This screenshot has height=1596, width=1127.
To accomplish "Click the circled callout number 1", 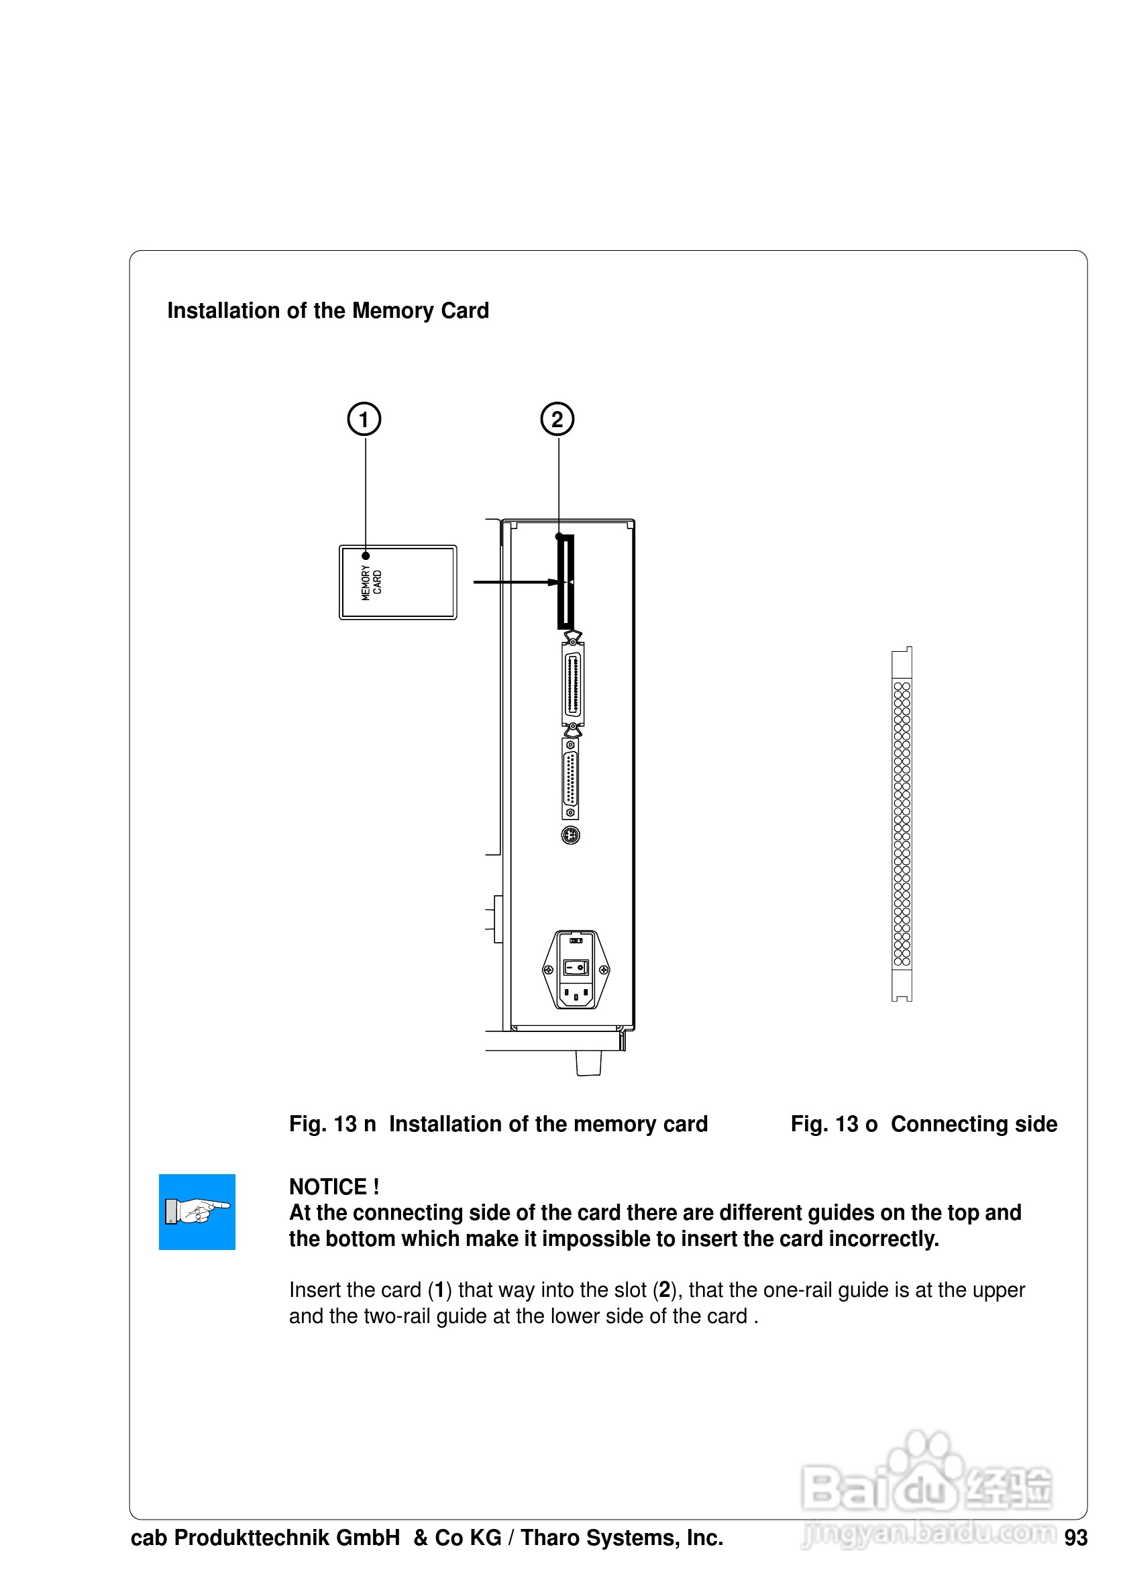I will click(364, 419).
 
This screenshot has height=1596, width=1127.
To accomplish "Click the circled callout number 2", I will click(557, 419).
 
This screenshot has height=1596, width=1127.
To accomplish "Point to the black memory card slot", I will click(566, 582).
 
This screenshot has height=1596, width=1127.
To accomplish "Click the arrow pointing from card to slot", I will click(515, 582).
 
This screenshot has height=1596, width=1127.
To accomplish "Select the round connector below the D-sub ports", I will click(570, 835).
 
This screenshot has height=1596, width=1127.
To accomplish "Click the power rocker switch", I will click(576, 967).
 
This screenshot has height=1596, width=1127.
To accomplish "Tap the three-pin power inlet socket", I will click(576, 994).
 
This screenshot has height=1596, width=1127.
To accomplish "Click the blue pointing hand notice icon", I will click(197, 1212).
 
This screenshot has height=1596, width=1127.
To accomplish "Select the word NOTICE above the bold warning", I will click(327, 1186).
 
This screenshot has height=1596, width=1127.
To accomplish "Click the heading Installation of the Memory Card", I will click(327, 310).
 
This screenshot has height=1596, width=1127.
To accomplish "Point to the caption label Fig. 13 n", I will click(331, 1124).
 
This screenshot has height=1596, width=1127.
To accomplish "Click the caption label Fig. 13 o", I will click(834, 1124).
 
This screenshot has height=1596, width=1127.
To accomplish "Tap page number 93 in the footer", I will click(1075, 1538).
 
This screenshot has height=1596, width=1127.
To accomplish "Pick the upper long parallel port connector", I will click(572, 684).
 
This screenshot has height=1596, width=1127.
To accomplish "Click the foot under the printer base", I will click(588, 1063).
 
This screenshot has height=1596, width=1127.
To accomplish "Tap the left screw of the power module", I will click(548, 970).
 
